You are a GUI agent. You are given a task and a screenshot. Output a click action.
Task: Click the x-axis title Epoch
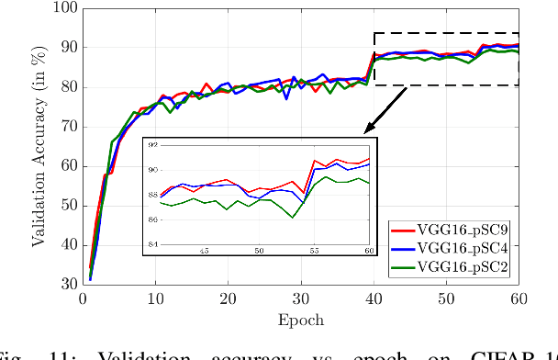(x=300, y=319)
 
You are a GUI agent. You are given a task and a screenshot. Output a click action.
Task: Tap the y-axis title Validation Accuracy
(x=40, y=147)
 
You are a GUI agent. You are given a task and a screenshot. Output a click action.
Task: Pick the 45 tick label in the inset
(x=205, y=251)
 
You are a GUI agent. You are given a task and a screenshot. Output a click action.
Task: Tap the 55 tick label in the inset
(x=315, y=251)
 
